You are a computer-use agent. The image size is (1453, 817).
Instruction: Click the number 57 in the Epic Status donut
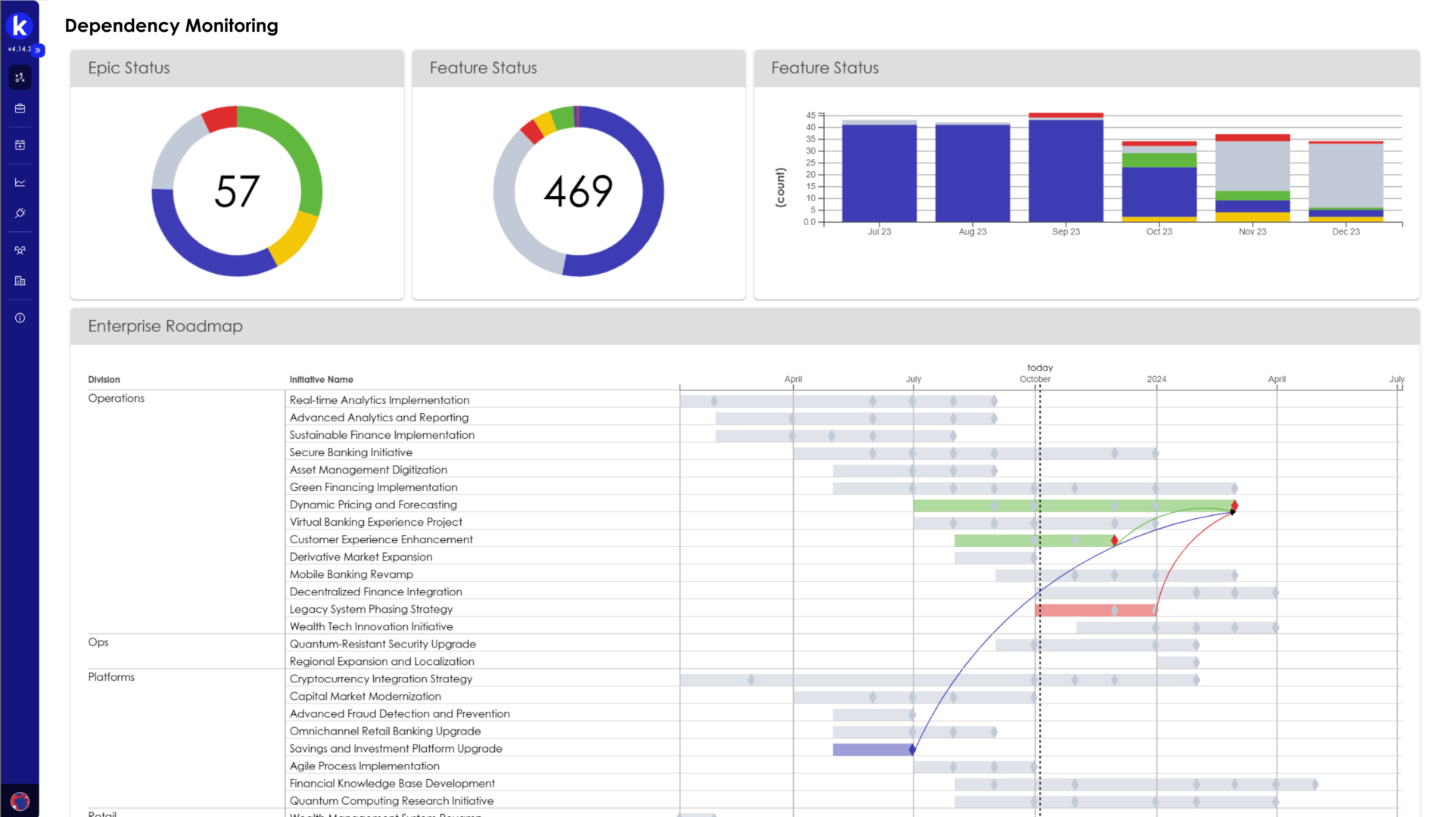point(237,191)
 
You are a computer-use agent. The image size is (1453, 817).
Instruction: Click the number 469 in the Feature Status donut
point(578,191)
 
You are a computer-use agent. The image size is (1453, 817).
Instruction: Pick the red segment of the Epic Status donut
point(220,119)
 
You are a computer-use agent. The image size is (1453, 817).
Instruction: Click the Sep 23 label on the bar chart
point(1066,231)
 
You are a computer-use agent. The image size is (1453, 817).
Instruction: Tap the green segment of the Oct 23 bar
point(1159,160)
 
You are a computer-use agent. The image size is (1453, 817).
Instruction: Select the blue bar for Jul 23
point(879,174)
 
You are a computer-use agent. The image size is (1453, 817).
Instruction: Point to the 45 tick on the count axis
point(811,116)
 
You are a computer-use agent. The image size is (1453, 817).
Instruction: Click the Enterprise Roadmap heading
point(165,326)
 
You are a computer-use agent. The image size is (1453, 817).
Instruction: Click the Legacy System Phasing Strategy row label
point(371,609)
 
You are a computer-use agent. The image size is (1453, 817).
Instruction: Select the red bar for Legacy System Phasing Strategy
point(1094,610)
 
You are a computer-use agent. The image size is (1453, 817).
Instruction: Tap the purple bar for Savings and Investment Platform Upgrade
point(872,749)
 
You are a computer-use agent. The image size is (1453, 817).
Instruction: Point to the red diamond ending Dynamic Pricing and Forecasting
point(1234,505)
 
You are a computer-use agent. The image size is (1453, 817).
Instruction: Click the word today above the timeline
point(1040,368)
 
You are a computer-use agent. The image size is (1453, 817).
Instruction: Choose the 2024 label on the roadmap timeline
point(1156,379)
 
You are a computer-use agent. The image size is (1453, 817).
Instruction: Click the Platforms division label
point(111,677)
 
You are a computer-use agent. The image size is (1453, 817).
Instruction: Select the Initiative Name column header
point(321,380)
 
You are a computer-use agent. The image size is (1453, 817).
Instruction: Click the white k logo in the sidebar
point(20,26)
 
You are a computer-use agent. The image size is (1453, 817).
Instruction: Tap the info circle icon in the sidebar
point(20,318)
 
